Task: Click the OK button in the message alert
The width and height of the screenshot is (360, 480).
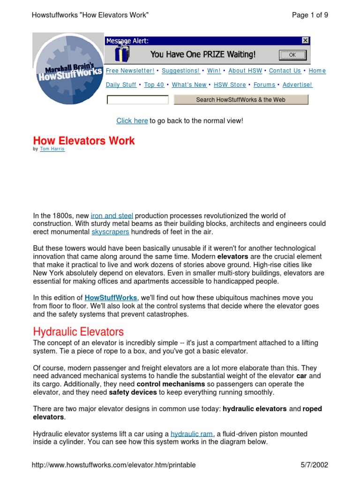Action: coord(292,55)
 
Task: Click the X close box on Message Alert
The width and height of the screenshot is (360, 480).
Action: coord(305,41)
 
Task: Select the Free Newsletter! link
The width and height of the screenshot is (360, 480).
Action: coord(130,71)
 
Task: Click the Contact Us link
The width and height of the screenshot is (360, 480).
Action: coord(285,71)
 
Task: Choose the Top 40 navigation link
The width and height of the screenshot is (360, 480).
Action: coord(154,85)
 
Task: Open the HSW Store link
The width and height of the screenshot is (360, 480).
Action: coord(230,85)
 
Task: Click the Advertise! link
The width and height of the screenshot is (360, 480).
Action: coord(297,85)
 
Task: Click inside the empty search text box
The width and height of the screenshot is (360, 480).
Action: coord(137,100)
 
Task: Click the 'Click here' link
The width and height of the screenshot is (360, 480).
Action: coord(132,121)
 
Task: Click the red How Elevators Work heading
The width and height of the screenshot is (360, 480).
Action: coord(84,141)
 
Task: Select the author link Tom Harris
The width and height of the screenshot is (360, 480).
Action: coord(52,149)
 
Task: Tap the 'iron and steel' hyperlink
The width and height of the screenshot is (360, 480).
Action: coord(112,216)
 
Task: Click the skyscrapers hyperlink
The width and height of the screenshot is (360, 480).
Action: coord(110,232)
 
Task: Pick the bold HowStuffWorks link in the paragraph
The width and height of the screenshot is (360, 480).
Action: coord(111,298)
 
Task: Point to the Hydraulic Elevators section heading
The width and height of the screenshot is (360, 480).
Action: coord(78,332)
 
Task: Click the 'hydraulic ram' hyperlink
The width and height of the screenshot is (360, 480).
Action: coord(191,434)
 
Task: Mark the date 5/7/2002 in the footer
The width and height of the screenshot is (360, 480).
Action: coord(314,465)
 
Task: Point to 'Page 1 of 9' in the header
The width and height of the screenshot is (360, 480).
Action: coord(310,15)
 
